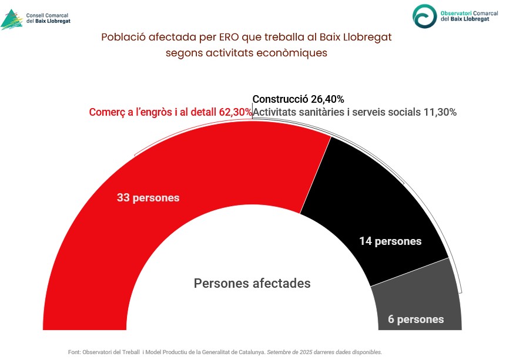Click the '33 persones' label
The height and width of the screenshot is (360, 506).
point(148,198)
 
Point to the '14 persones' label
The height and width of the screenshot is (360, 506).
point(390,241)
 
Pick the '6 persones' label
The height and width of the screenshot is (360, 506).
point(415,319)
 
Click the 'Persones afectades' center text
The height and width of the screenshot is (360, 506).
point(252,283)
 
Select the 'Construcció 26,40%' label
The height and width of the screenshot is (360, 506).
point(298,99)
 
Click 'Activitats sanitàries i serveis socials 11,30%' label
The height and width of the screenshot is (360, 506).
point(354,112)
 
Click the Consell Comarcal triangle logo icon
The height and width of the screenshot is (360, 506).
point(12,19)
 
